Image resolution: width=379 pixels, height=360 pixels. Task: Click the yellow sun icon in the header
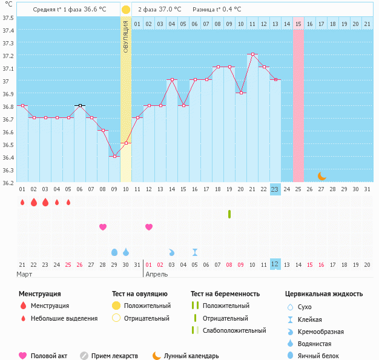(125, 10)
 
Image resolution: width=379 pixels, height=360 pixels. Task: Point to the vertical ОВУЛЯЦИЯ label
(125, 36)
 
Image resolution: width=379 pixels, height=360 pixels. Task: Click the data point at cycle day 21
(252, 54)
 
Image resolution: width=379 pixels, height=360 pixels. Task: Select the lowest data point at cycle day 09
(114, 156)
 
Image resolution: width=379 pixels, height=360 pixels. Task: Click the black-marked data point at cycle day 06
(79, 105)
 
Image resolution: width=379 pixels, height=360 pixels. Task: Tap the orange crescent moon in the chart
(322, 176)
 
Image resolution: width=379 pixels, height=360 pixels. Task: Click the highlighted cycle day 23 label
(275, 189)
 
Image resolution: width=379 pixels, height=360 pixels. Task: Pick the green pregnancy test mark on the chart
(229, 214)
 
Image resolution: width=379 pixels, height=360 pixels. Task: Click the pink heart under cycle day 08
(103, 227)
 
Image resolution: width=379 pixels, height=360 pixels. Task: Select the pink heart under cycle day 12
(149, 227)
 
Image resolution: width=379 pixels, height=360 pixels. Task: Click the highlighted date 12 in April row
(275, 264)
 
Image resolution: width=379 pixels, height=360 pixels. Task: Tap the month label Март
(25, 275)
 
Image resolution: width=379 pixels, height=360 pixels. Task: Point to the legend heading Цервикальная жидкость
(324, 294)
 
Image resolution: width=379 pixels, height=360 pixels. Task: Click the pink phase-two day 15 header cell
(298, 24)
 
